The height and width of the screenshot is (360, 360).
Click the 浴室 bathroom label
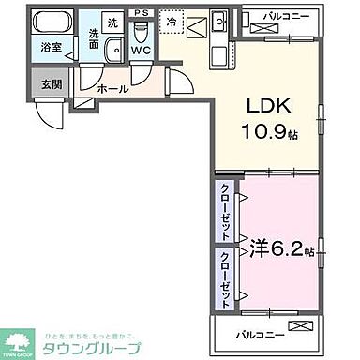tap(52, 46)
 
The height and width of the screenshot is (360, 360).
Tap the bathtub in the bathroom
tap(52, 21)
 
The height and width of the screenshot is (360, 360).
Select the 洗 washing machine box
tap(112, 22)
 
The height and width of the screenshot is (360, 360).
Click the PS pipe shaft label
tap(142, 12)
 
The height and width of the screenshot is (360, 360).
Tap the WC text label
tap(142, 50)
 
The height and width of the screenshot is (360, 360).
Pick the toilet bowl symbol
tap(142, 31)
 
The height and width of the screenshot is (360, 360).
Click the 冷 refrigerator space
tap(172, 20)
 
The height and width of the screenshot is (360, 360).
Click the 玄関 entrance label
tap(51, 82)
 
